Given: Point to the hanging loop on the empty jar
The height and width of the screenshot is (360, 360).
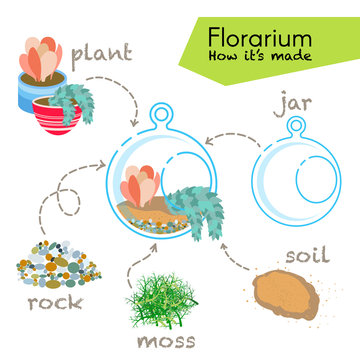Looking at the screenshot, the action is [x=296, y=126].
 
